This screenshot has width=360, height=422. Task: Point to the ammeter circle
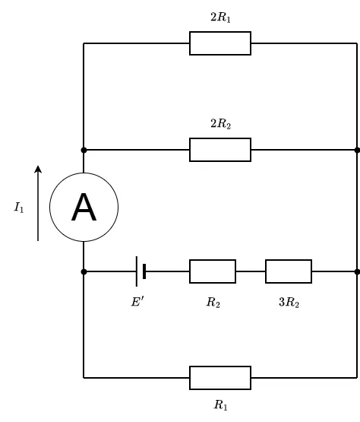click(x=84, y=173)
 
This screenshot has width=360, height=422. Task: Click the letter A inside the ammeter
click(x=84, y=208)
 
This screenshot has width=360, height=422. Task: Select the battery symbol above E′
click(x=141, y=271)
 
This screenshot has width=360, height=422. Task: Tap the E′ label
click(x=137, y=302)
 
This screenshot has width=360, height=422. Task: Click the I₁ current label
click(x=19, y=208)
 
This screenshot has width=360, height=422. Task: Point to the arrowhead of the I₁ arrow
click(x=38, y=169)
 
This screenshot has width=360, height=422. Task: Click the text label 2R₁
click(x=220, y=17)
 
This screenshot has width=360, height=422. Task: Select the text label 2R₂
click(x=221, y=124)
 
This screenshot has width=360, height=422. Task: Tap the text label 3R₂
click(x=289, y=302)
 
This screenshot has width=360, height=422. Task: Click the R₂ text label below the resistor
click(x=213, y=302)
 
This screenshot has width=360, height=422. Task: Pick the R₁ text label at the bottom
click(x=221, y=405)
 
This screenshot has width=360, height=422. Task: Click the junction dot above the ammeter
click(x=84, y=151)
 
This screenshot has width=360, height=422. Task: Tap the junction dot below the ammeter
click(x=84, y=271)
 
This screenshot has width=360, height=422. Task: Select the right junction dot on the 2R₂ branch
click(x=357, y=151)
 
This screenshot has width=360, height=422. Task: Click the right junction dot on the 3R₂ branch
click(x=357, y=271)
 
